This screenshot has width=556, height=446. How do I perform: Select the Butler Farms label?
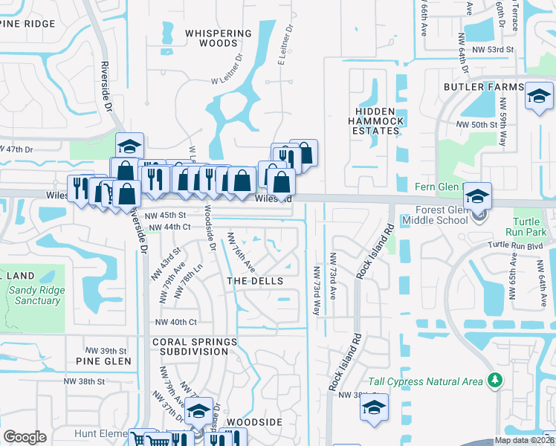[484, 87]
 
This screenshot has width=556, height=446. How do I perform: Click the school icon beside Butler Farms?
[538, 97]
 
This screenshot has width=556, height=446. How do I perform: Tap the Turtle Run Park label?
[530, 227]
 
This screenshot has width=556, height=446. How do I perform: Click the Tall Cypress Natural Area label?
[432, 381]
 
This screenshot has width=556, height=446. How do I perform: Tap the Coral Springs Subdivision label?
[195, 346]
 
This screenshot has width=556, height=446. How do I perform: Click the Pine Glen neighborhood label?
[103, 361]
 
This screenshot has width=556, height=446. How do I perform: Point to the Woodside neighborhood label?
[254, 421]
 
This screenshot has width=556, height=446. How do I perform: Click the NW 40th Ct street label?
[175, 322]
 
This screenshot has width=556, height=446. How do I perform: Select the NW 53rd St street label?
[496, 49]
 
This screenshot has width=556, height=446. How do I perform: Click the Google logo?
[25, 437]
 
